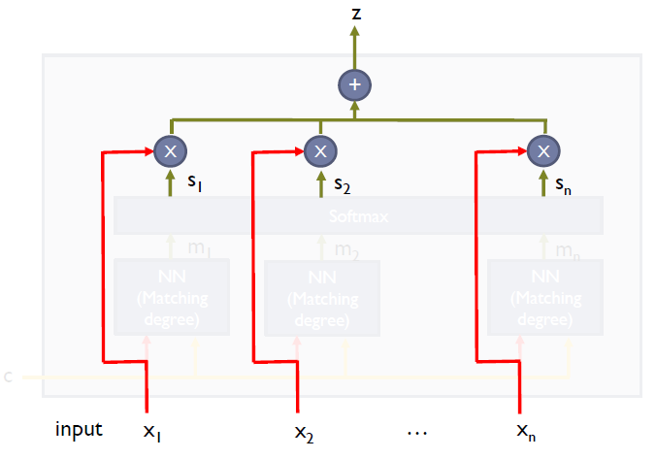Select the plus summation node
tap(354, 86)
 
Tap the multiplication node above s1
tap(171, 150)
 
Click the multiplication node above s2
tap(319, 150)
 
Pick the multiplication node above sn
tap(543, 150)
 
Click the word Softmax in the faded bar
tap(357, 216)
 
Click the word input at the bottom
tap(81, 428)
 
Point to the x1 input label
tap(152, 430)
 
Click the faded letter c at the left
tap(9, 376)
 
